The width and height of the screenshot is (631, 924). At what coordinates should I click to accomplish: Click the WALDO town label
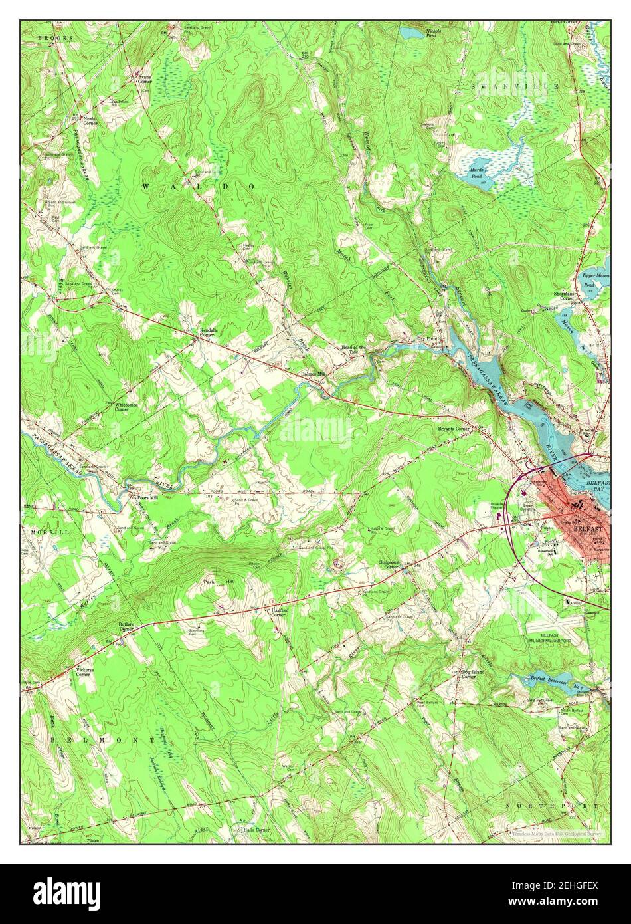click(199, 187)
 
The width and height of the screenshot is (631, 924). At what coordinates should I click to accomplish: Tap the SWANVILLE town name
click(515, 87)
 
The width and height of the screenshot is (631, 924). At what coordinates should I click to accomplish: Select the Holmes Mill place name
click(313, 374)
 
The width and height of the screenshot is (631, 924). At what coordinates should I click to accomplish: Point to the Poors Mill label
click(147, 497)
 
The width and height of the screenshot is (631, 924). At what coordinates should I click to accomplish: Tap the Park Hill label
click(219, 582)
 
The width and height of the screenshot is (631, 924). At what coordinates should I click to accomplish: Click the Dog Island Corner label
click(474, 674)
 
